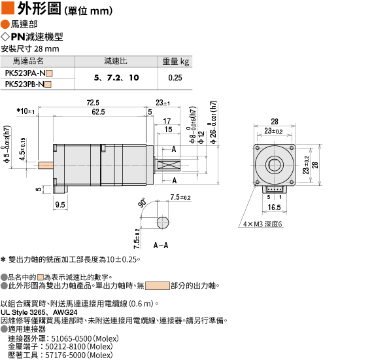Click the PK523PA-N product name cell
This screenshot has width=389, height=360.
coord(29,73)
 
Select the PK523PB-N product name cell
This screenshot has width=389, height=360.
coord(28,84)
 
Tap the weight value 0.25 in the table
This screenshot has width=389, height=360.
coord(175,78)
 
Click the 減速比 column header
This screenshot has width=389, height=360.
coord(116,61)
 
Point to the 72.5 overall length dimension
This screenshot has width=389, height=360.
coord(93,103)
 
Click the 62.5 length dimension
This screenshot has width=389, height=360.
coord(98,112)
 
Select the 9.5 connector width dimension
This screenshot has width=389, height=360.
coord(60,205)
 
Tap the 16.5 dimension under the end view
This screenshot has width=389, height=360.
coord(274,207)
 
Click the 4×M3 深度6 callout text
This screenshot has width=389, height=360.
coord(262,224)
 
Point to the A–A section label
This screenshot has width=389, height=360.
coord(161,245)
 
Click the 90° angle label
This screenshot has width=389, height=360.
coord(143,203)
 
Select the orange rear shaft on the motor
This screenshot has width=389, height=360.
coord(46,165)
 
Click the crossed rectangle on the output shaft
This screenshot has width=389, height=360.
coord(169,165)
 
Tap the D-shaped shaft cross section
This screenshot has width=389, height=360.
coord(163,223)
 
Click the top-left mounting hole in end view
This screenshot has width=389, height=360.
coord(258,148)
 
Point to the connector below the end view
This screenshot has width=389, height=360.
coord(275,189)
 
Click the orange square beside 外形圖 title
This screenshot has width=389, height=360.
coord(8,8)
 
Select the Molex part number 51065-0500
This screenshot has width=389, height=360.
coord(71,338)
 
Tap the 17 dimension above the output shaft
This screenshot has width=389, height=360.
coord(167,121)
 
